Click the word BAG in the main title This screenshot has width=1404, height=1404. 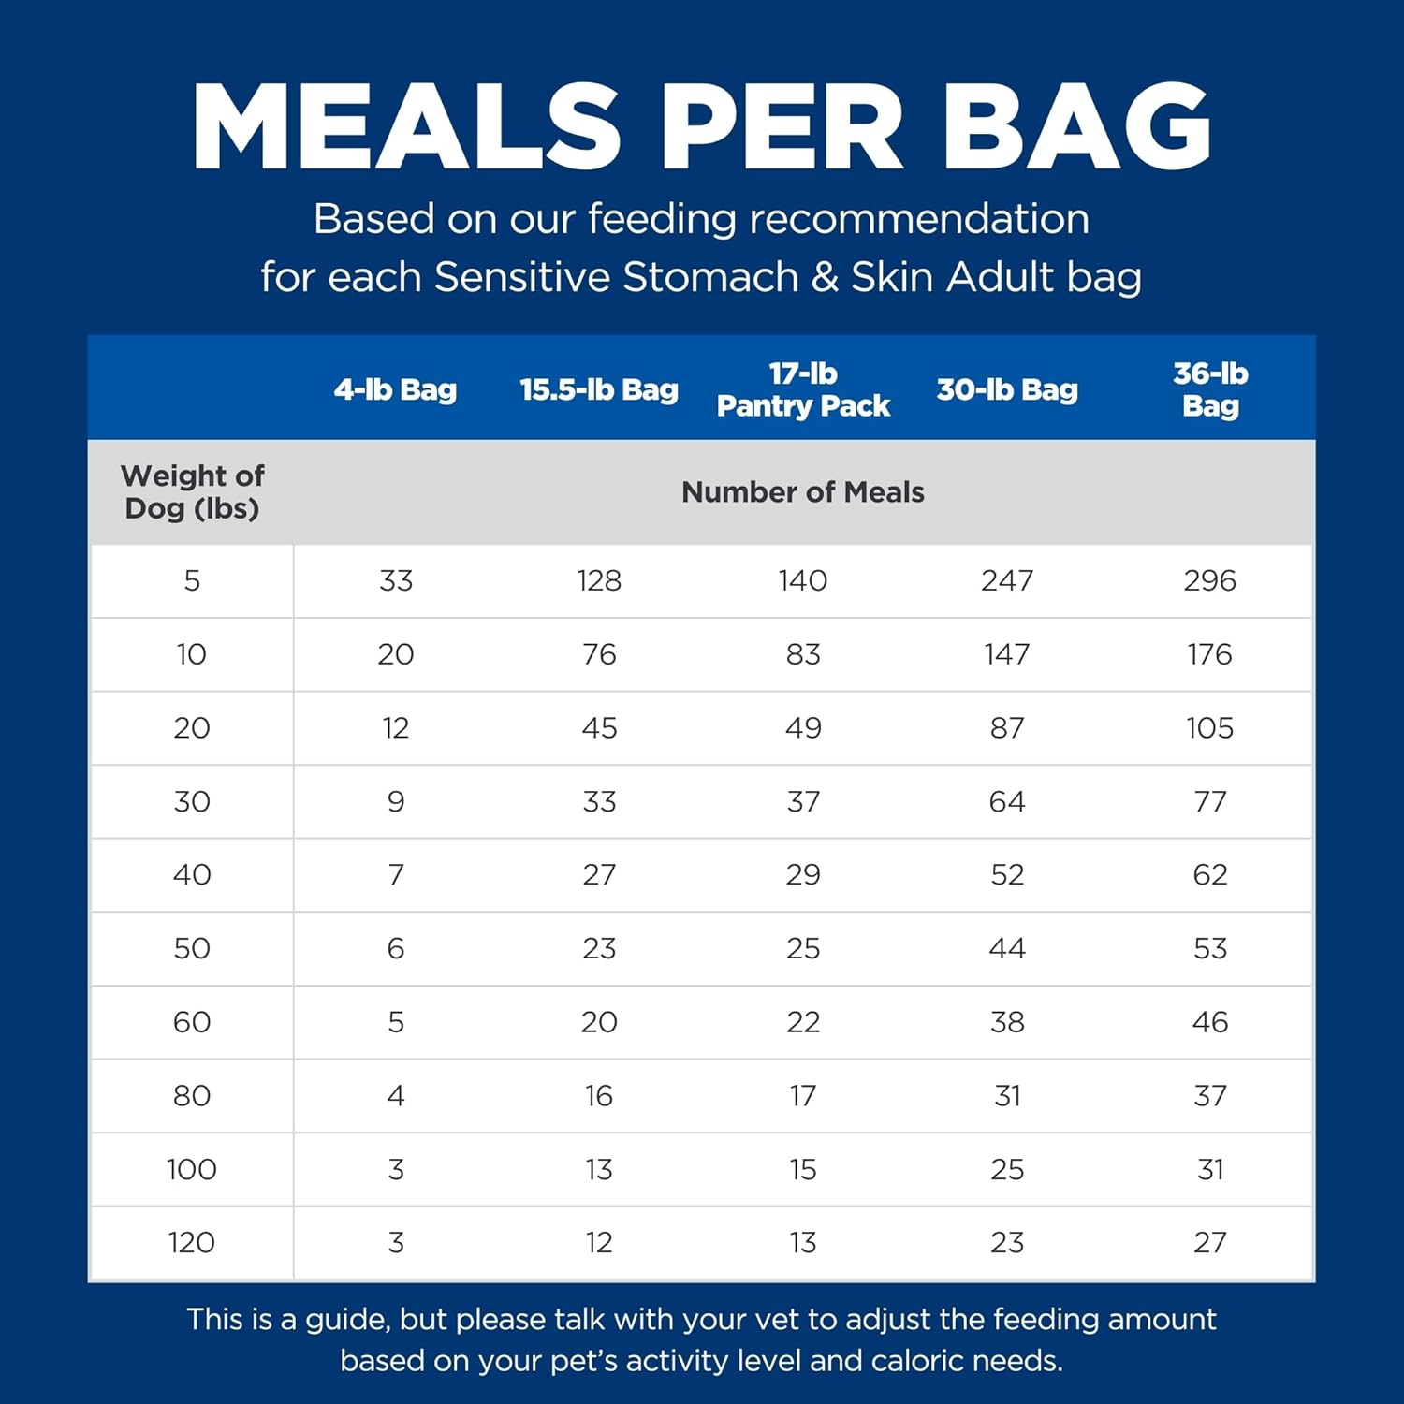point(1077,127)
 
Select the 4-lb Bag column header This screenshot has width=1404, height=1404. point(395,389)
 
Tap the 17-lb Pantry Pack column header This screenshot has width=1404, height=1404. point(803,389)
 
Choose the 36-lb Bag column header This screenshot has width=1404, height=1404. point(1210,389)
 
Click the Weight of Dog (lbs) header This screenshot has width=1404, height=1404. point(192,492)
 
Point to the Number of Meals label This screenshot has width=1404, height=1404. point(802,492)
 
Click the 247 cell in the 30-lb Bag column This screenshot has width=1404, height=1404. point(1007,580)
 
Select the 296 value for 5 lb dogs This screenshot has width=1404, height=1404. point(1209,580)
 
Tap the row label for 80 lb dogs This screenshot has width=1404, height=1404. point(192,1095)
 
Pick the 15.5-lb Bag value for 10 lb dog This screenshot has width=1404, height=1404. point(599,654)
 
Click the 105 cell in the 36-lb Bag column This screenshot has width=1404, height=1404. point(1209,728)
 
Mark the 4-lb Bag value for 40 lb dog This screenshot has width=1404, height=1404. point(396,875)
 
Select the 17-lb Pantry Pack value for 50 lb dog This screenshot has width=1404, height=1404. point(803,948)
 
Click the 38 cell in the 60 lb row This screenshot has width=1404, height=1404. point(1007,1022)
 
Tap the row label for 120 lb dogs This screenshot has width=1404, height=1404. point(192,1243)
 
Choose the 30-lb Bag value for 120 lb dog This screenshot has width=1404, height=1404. point(1007,1243)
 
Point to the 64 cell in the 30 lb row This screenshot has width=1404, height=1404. point(1007,802)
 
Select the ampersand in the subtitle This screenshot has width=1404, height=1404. point(825,278)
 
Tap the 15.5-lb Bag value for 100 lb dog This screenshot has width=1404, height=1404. point(599,1169)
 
